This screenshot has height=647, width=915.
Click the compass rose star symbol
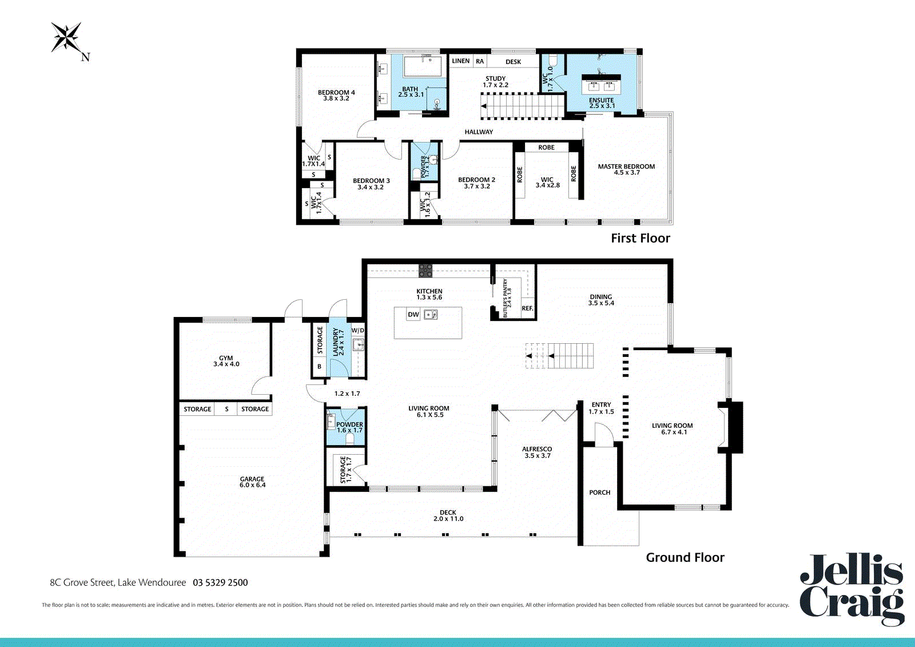tap(66, 37)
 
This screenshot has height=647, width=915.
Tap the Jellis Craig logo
tap(852, 590)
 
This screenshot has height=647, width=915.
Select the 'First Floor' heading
tap(640, 239)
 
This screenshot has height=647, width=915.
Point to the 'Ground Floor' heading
tap(685, 558)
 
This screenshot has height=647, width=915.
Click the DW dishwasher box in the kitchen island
tap(413, 315)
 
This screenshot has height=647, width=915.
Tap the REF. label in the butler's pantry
tap(527, 308)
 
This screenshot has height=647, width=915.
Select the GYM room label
tap(226, 358)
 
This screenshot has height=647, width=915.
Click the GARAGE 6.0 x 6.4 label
tap(252, 482)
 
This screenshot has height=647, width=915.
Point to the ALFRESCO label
tap(537, 449)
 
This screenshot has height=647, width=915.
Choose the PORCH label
tap(600, 493)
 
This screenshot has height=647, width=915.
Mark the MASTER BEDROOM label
tap(626, 166)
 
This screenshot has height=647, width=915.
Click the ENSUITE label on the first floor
tap(601, 100)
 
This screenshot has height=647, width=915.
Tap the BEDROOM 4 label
tap(336, 92)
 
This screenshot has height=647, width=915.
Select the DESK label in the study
tap(513, 62)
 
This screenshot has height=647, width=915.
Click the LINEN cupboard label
tap(461, 61)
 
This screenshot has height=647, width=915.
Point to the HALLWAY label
tap(478, 132)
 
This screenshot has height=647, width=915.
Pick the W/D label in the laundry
tap(357, 330)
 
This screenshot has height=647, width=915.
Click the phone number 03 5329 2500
tap(220, 582)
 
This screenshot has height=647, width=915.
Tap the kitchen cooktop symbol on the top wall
tap(425, 271)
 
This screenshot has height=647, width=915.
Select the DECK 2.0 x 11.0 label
tap(448, 515)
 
